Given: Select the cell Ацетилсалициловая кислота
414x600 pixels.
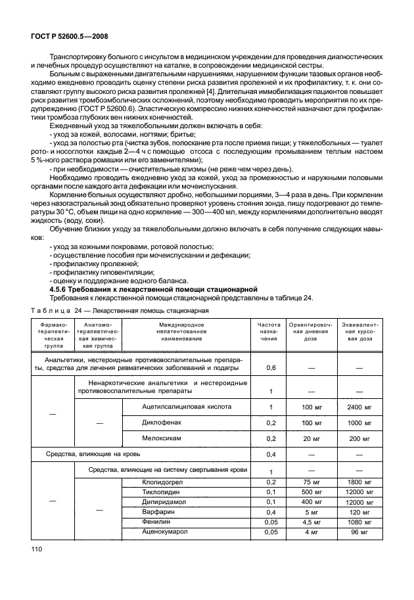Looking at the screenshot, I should pyautogui.click(x=187, y=407).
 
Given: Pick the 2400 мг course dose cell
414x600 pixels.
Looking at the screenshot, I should pyautogui.click(x=360, y=407).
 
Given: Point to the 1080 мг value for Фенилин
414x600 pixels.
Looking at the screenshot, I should pyautogui.click(x=360, y=522).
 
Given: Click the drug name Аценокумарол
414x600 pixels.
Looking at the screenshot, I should pyautogui.click(x=164, y=532).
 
